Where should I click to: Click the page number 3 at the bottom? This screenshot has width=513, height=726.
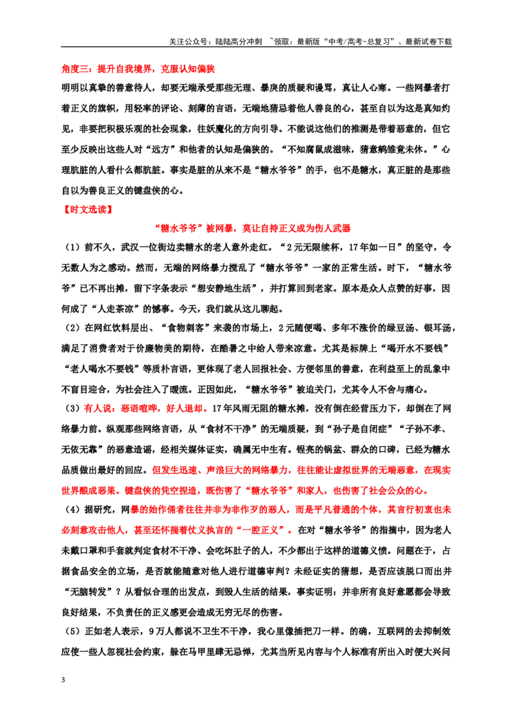coord(63,680)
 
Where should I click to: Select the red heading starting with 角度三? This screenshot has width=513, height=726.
coord(138,69)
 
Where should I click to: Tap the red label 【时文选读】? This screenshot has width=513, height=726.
coord(87,209)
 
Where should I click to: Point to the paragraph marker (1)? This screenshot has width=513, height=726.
coord(72,248)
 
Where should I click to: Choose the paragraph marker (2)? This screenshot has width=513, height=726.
coord(72,328)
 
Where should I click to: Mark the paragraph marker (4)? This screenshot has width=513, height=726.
coord(72,509)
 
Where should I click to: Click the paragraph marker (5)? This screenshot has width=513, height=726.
coord(72,631)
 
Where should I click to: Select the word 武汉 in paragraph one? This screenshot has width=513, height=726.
coord(130,248)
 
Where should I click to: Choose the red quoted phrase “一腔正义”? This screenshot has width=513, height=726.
coord(263,530)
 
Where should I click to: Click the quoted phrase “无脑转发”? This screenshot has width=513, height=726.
coord(88,592)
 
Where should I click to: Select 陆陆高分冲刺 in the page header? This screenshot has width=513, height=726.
coord(239,42)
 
